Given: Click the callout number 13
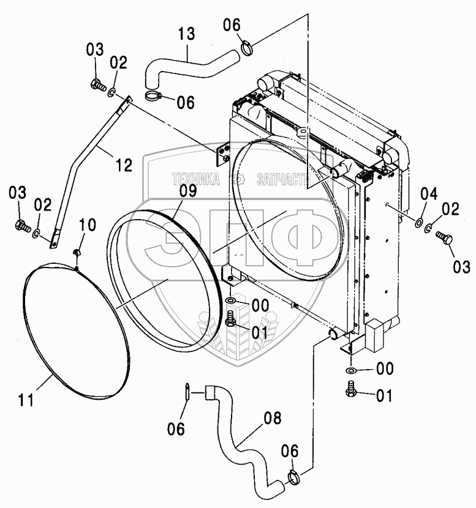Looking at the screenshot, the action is tap(187, 34).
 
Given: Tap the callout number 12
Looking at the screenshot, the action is tap(124, 165).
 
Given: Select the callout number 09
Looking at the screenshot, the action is tap(188, 190).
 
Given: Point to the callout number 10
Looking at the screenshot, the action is tap(88, 225).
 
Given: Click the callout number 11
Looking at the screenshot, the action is tap(26, 400).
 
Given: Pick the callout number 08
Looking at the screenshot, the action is tap(273, 419).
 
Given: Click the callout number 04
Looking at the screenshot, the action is tap(429, 194).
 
